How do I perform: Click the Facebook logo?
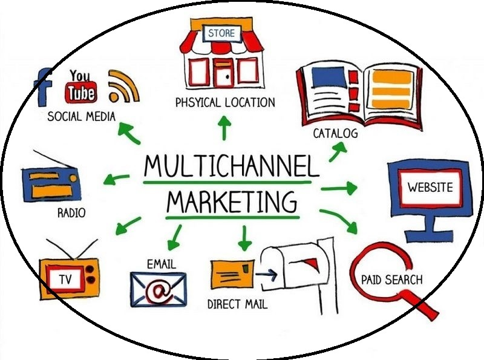point(43,87)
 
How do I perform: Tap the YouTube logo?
point(80,87)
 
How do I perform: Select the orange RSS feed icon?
point(123,87)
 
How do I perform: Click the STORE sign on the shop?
point(221,33)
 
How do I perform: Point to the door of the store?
point(224,73)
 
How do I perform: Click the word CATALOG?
point(335,133)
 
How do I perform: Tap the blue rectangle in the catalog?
point(328,77)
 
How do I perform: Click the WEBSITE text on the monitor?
point(430,187)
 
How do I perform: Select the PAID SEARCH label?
point(391,280)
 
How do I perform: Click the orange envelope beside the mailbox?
point(233,274)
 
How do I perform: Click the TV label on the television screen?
point(66,279)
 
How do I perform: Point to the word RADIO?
point(71,213)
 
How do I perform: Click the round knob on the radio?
point(73,178)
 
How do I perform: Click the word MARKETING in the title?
point(232,201)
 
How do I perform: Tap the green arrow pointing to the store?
point(224,128)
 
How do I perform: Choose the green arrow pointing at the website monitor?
point(339,188)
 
